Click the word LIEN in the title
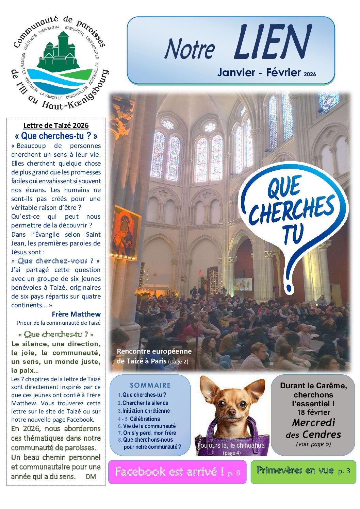point(272,42)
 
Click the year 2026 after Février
point(310,74)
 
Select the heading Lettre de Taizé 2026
point(56,125)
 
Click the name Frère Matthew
point(76,314)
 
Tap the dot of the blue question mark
point(290,290)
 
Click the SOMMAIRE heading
point(150,385)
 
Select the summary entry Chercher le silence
point(145,403)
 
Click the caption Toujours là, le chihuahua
point(230,445)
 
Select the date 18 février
point(313,412)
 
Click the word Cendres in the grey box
point(322,435)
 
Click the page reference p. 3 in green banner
point(344,471)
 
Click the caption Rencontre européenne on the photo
point(154,351)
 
